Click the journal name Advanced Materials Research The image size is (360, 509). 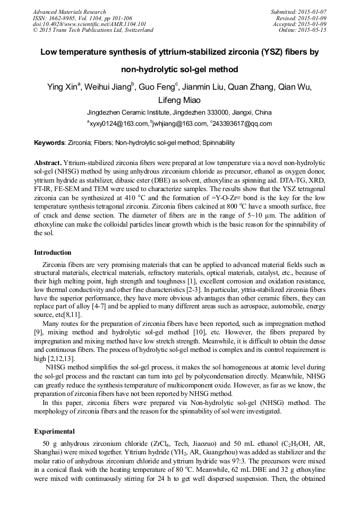69,12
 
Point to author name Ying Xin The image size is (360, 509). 63,87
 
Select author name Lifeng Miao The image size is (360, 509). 179,100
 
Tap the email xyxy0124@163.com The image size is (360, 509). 119,124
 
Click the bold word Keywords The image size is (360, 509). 49,143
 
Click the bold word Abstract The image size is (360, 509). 47,161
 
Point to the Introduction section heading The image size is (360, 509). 53,253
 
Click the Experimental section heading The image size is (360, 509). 54,432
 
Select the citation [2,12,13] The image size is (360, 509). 50,358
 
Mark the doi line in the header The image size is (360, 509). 90,24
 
